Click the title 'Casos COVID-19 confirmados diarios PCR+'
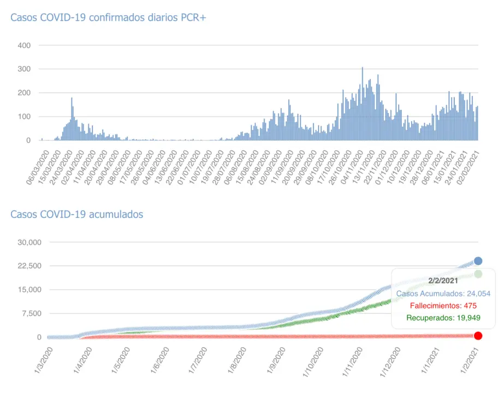pos(108,17)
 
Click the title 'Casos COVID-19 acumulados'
pos(77,214)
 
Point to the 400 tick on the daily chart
pos(25,45)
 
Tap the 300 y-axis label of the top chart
pos(25,69)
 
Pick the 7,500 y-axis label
pos(31,313)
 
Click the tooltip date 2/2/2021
pos(443,281)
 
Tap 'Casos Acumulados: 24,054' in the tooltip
pos(443,293)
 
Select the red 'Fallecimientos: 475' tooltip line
pos(443,305)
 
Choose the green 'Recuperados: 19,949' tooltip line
pos(443,317)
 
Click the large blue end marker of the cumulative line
pos(478,261)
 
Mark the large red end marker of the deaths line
pos(478,336)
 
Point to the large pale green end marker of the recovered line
pos(478,274)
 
